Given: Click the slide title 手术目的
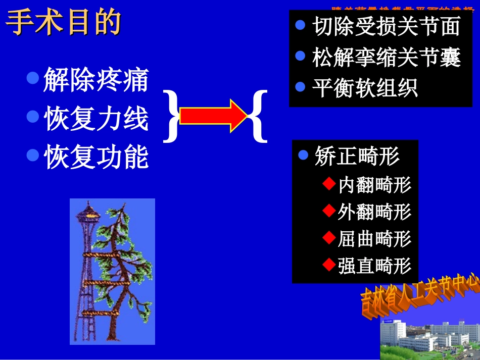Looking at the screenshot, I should [64, 23].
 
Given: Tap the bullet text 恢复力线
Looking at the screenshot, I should [96, 119].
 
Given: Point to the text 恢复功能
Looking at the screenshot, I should [96, 157].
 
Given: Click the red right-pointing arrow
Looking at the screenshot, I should [213, 116].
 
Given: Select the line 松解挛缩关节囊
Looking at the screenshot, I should [386, 58].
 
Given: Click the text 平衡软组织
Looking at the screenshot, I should [364, 88].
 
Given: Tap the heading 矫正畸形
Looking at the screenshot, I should [357, 156].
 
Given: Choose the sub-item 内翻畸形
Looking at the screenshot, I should [374, 185].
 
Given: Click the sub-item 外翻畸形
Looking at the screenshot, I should [374, 212].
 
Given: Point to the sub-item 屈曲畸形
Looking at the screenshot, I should [374, 239].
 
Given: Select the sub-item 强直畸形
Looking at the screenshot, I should [374, 266].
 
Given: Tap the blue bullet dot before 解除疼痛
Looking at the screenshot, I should [33, 78].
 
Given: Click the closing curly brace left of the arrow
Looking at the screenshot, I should [172, 116].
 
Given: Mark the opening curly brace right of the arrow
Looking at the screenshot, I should [258, 116].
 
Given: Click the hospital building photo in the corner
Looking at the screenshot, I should [429, 338].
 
